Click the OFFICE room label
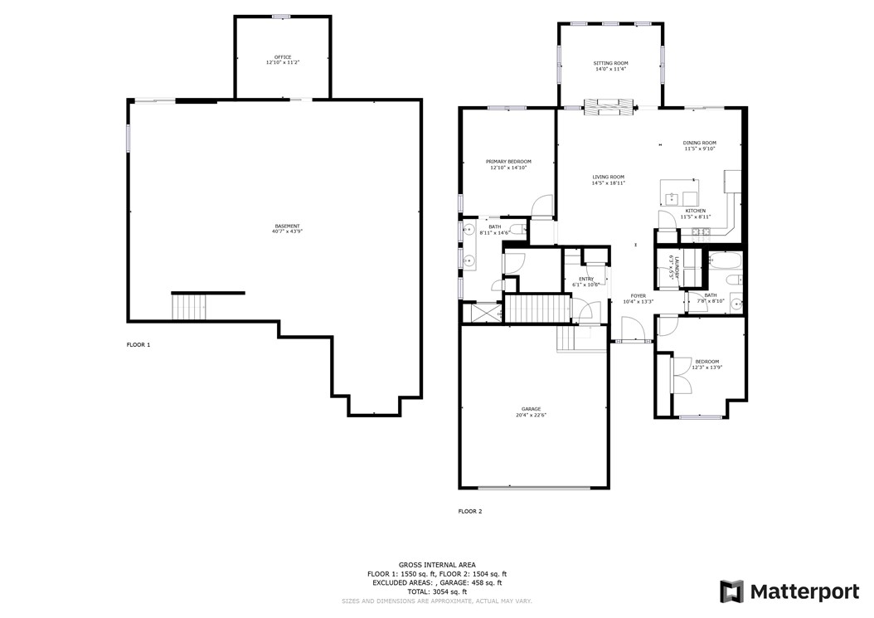(283, 57)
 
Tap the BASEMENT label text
(287, 226)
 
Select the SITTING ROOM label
(610, 63)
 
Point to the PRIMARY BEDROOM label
(508, 161)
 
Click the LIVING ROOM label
(608, 177)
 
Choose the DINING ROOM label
(699, 143)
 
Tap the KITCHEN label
(696, 211)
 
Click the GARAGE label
(531, 409)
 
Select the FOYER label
(638, 295)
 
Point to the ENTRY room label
(585, 279)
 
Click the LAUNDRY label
(677, 268)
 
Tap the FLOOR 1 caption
(138, 344)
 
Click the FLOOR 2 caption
(469, 511)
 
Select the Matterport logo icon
(731, 591)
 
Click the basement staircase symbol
(189, 308)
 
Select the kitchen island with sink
(680, 197)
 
